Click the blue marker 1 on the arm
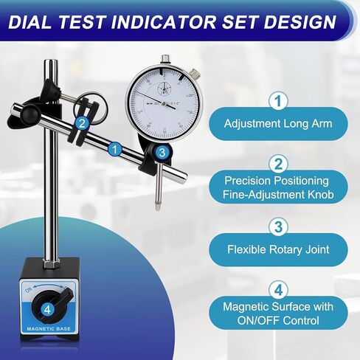114,149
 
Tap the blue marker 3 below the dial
162,153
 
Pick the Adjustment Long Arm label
277,124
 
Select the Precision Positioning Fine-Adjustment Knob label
277,188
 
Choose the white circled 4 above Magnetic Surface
277,288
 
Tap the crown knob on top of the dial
193,73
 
